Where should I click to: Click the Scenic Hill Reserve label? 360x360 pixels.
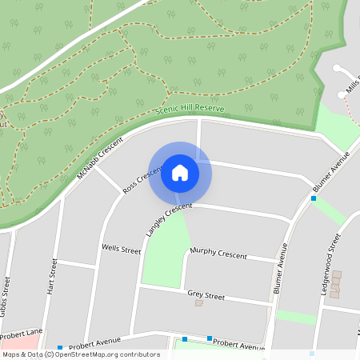coord(190,109)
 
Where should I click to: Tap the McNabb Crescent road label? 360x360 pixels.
coord(100,158)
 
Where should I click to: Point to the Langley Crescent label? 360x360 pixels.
coord(169,220)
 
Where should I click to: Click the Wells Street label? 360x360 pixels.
coord(121,249)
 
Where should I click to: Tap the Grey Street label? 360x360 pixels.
coord(206,295)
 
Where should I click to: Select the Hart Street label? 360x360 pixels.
coord(54,277)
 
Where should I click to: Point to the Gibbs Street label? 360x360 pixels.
coord(6,297)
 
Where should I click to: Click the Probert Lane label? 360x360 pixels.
coord(22,334)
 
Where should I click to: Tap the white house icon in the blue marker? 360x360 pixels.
coord(180,172)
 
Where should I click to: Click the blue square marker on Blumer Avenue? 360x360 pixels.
coord(314,198)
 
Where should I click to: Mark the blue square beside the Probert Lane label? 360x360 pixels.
coord(59,347)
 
